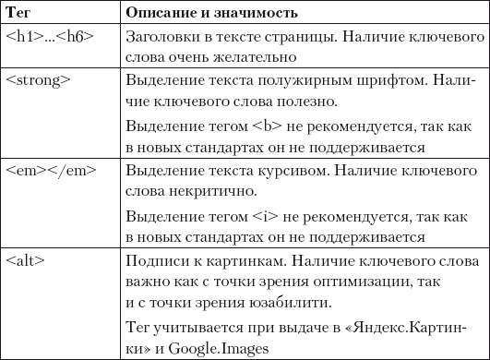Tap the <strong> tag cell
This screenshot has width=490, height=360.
click(37, 80)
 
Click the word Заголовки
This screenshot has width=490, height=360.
click(160, 38)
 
